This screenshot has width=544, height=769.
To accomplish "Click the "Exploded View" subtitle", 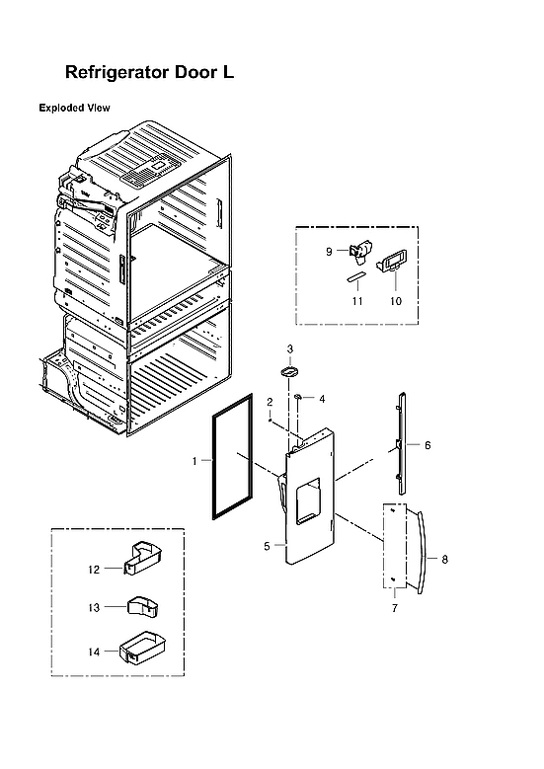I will tap(74, 108).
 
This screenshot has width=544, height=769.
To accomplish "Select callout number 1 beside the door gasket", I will tap(194, 461).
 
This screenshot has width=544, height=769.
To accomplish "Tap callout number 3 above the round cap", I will tap(290, 348).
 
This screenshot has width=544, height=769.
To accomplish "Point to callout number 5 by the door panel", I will tap(267, 545).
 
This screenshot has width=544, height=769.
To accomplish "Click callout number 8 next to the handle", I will tap(445, 559).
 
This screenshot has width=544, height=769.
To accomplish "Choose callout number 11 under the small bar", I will tap(357, 300).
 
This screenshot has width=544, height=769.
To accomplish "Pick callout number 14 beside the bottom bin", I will tap(95, 652).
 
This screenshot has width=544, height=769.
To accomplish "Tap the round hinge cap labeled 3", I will tap(290, 371).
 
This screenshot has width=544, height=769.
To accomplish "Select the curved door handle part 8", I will tap(420, 553).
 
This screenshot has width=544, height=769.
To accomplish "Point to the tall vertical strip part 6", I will tap(402, 443).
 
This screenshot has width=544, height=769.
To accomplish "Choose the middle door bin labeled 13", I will tap(141, 605).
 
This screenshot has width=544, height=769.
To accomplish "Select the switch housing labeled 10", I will tap(392, 262).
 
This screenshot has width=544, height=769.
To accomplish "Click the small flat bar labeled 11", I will tap(355, 279).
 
